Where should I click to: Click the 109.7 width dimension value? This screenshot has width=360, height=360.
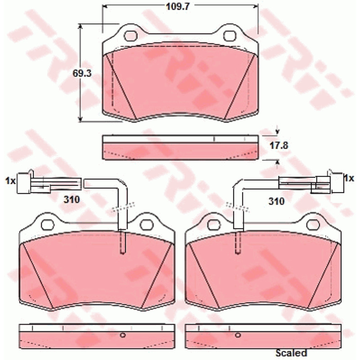click(177, 6)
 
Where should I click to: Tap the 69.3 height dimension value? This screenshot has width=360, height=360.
click(82, 73)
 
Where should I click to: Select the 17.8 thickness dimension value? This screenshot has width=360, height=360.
click(279, 145)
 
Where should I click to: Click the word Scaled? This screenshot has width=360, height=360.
click(291, 352)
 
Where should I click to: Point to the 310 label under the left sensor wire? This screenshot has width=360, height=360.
click(72, 199)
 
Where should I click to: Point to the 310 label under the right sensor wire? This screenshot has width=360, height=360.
click(276, 201)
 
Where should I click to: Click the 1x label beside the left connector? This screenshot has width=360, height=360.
click(10, 181)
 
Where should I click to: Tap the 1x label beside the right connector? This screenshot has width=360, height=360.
click(349, 178)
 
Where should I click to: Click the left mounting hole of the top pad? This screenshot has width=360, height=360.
click(131, 36)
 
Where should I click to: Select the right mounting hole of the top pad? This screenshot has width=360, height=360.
click(229, 36)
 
